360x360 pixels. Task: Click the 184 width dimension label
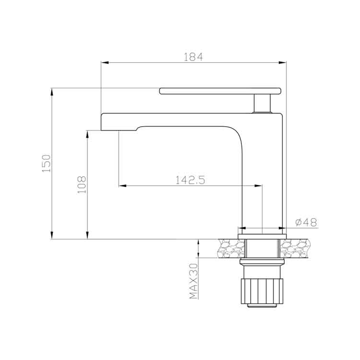click(193, 57)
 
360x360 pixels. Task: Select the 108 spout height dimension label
click(82, 185)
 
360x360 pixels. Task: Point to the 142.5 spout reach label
click(190, 180)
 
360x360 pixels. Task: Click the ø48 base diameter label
click(306, 222)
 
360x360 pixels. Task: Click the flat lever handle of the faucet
click(220, 91)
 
